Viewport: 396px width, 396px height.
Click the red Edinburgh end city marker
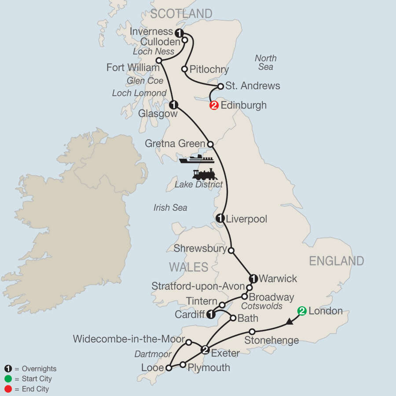pos(214,106)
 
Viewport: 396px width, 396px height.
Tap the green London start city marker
pos(302,311)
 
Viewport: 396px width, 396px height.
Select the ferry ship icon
pos(197,159)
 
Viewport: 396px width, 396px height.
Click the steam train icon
pos(205,174)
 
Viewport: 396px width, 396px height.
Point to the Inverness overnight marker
pos(179,32)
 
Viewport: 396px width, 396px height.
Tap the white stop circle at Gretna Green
pos(210,144)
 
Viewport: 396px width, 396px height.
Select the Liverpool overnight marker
pos(220,218)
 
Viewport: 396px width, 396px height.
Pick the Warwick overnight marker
pos(253,278)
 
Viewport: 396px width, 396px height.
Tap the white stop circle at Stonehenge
pos(252,331)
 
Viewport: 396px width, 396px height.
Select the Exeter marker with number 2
pos(205,350)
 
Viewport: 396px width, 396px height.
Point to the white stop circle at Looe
pos(168,367)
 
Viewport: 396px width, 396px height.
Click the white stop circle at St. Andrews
pos(221,86)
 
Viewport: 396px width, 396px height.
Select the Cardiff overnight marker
pos(211,314)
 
